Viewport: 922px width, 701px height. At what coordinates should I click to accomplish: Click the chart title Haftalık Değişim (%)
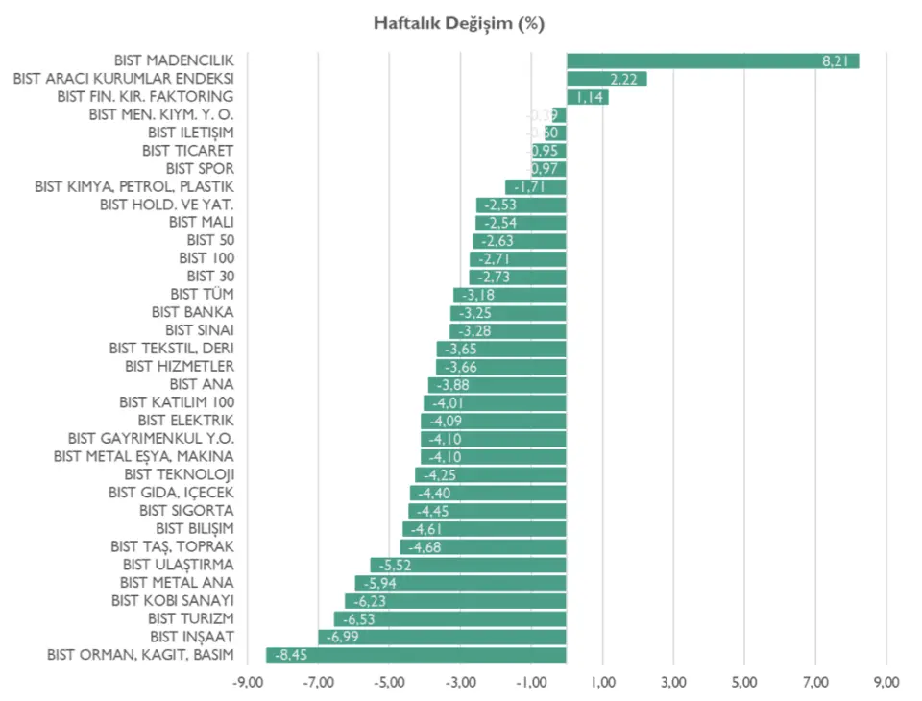pos(459,24)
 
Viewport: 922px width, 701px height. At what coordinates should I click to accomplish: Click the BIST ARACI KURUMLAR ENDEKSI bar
pos(606,79)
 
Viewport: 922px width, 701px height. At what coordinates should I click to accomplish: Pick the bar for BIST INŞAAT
pos(442,637)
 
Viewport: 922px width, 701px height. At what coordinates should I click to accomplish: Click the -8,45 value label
pos(290,655)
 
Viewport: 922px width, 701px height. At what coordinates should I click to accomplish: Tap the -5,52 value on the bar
pos(395,565)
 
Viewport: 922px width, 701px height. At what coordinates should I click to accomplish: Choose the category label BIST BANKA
pos(192,312)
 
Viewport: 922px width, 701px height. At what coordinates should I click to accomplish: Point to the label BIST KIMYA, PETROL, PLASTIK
pos(133,186)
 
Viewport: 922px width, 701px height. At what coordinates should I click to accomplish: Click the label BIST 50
pos(210,240)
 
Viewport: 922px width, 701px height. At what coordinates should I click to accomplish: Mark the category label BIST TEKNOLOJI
pos(180,474)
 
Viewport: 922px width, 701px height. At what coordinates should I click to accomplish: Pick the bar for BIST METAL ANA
pos(460,583)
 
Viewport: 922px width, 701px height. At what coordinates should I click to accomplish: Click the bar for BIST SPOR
pos(549,169)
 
